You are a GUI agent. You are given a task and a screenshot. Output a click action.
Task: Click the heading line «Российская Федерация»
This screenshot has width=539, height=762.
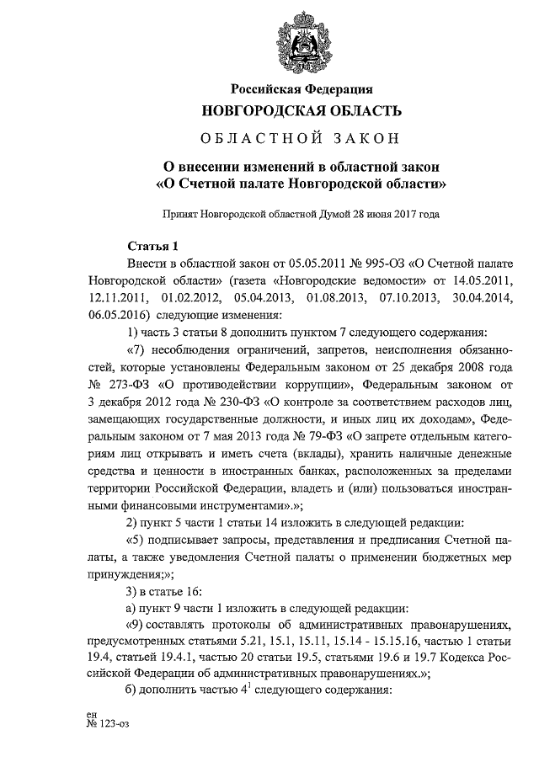pos(302,88)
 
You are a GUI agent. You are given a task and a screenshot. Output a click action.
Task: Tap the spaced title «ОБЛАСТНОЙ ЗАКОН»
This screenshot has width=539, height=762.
pos(301,136)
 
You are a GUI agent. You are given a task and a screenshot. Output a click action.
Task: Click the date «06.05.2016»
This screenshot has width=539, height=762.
pos(115,314)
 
